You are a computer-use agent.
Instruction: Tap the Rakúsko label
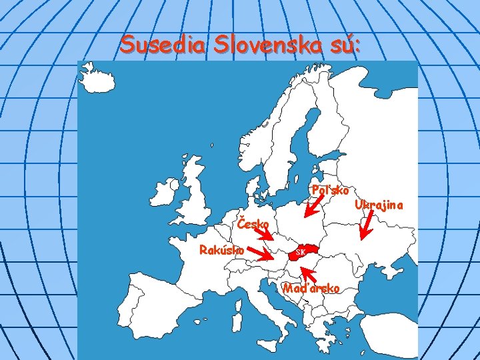tap(222, 250)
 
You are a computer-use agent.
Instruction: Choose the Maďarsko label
tap(311, 289)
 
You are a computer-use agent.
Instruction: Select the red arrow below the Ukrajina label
tap(365, 226)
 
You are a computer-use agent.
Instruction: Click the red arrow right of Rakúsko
tap(261, 253)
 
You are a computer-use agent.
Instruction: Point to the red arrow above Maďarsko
tap(309, 273)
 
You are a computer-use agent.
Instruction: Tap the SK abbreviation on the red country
tap(300, 253)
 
